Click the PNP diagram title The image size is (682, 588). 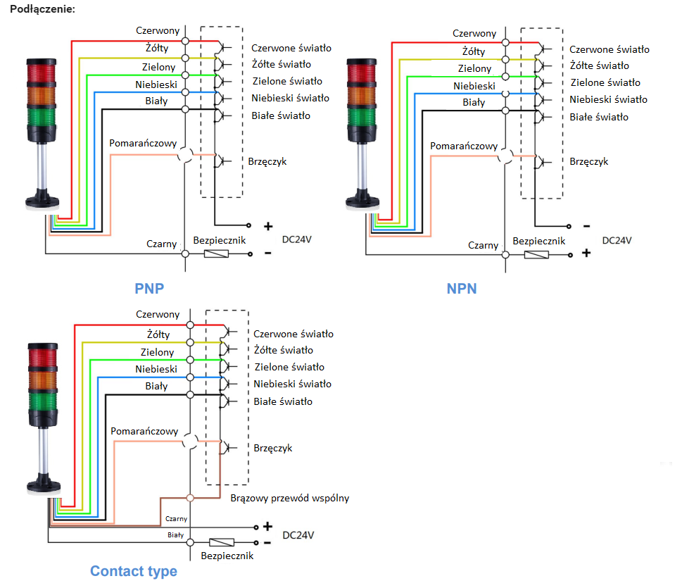coord(154,288)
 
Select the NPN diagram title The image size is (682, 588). coord(462,288)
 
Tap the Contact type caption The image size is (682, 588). coord(134,570)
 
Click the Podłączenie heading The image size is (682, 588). coord(39,9)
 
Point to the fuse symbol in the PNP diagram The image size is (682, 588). coord(215,253)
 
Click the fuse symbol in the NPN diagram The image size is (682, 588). coord(537,254)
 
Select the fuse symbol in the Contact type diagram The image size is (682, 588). coord(222,543)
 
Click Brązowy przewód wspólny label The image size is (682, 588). coord(289,498)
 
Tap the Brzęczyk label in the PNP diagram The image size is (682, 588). coord(267,161)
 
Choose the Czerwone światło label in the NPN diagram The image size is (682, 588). coord(609,49)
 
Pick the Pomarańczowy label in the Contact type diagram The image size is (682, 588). coord(144,431)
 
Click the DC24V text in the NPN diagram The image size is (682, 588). coord(617,240)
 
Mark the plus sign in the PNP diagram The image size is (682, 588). coord(268,227)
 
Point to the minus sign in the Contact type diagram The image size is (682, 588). coord(267,543)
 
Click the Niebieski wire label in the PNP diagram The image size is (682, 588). coord(156,85)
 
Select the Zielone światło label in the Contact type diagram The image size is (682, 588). coord(289,367)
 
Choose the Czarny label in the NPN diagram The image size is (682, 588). coord(484,245)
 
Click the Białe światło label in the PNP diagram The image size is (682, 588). coord(281,115)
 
